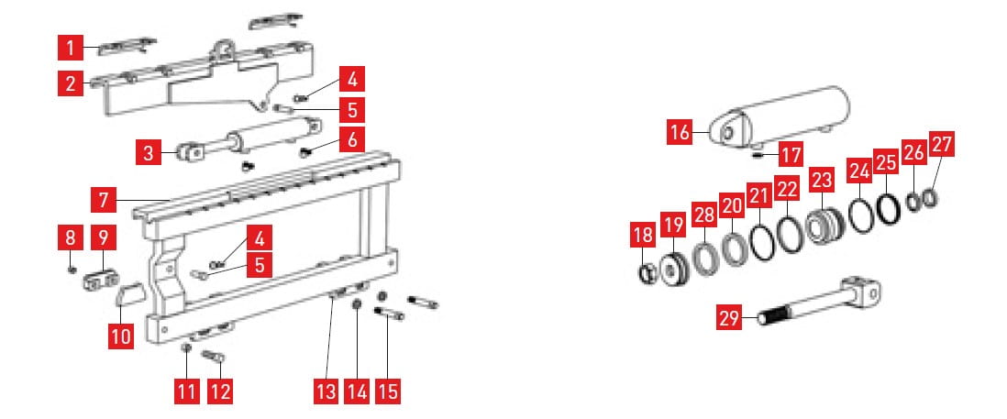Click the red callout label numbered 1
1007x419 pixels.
coord(71,48)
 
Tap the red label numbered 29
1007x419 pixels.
coord(729,317)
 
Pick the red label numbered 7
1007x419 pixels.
coord(104,200)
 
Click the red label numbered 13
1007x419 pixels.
coord(326,391)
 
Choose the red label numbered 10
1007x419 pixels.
coord(121,336)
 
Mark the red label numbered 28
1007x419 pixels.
coord(704,215)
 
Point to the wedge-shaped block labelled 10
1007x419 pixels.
coord(130,296)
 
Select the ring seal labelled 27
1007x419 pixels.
coord(931,200)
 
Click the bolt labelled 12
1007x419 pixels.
coord(213,355)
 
